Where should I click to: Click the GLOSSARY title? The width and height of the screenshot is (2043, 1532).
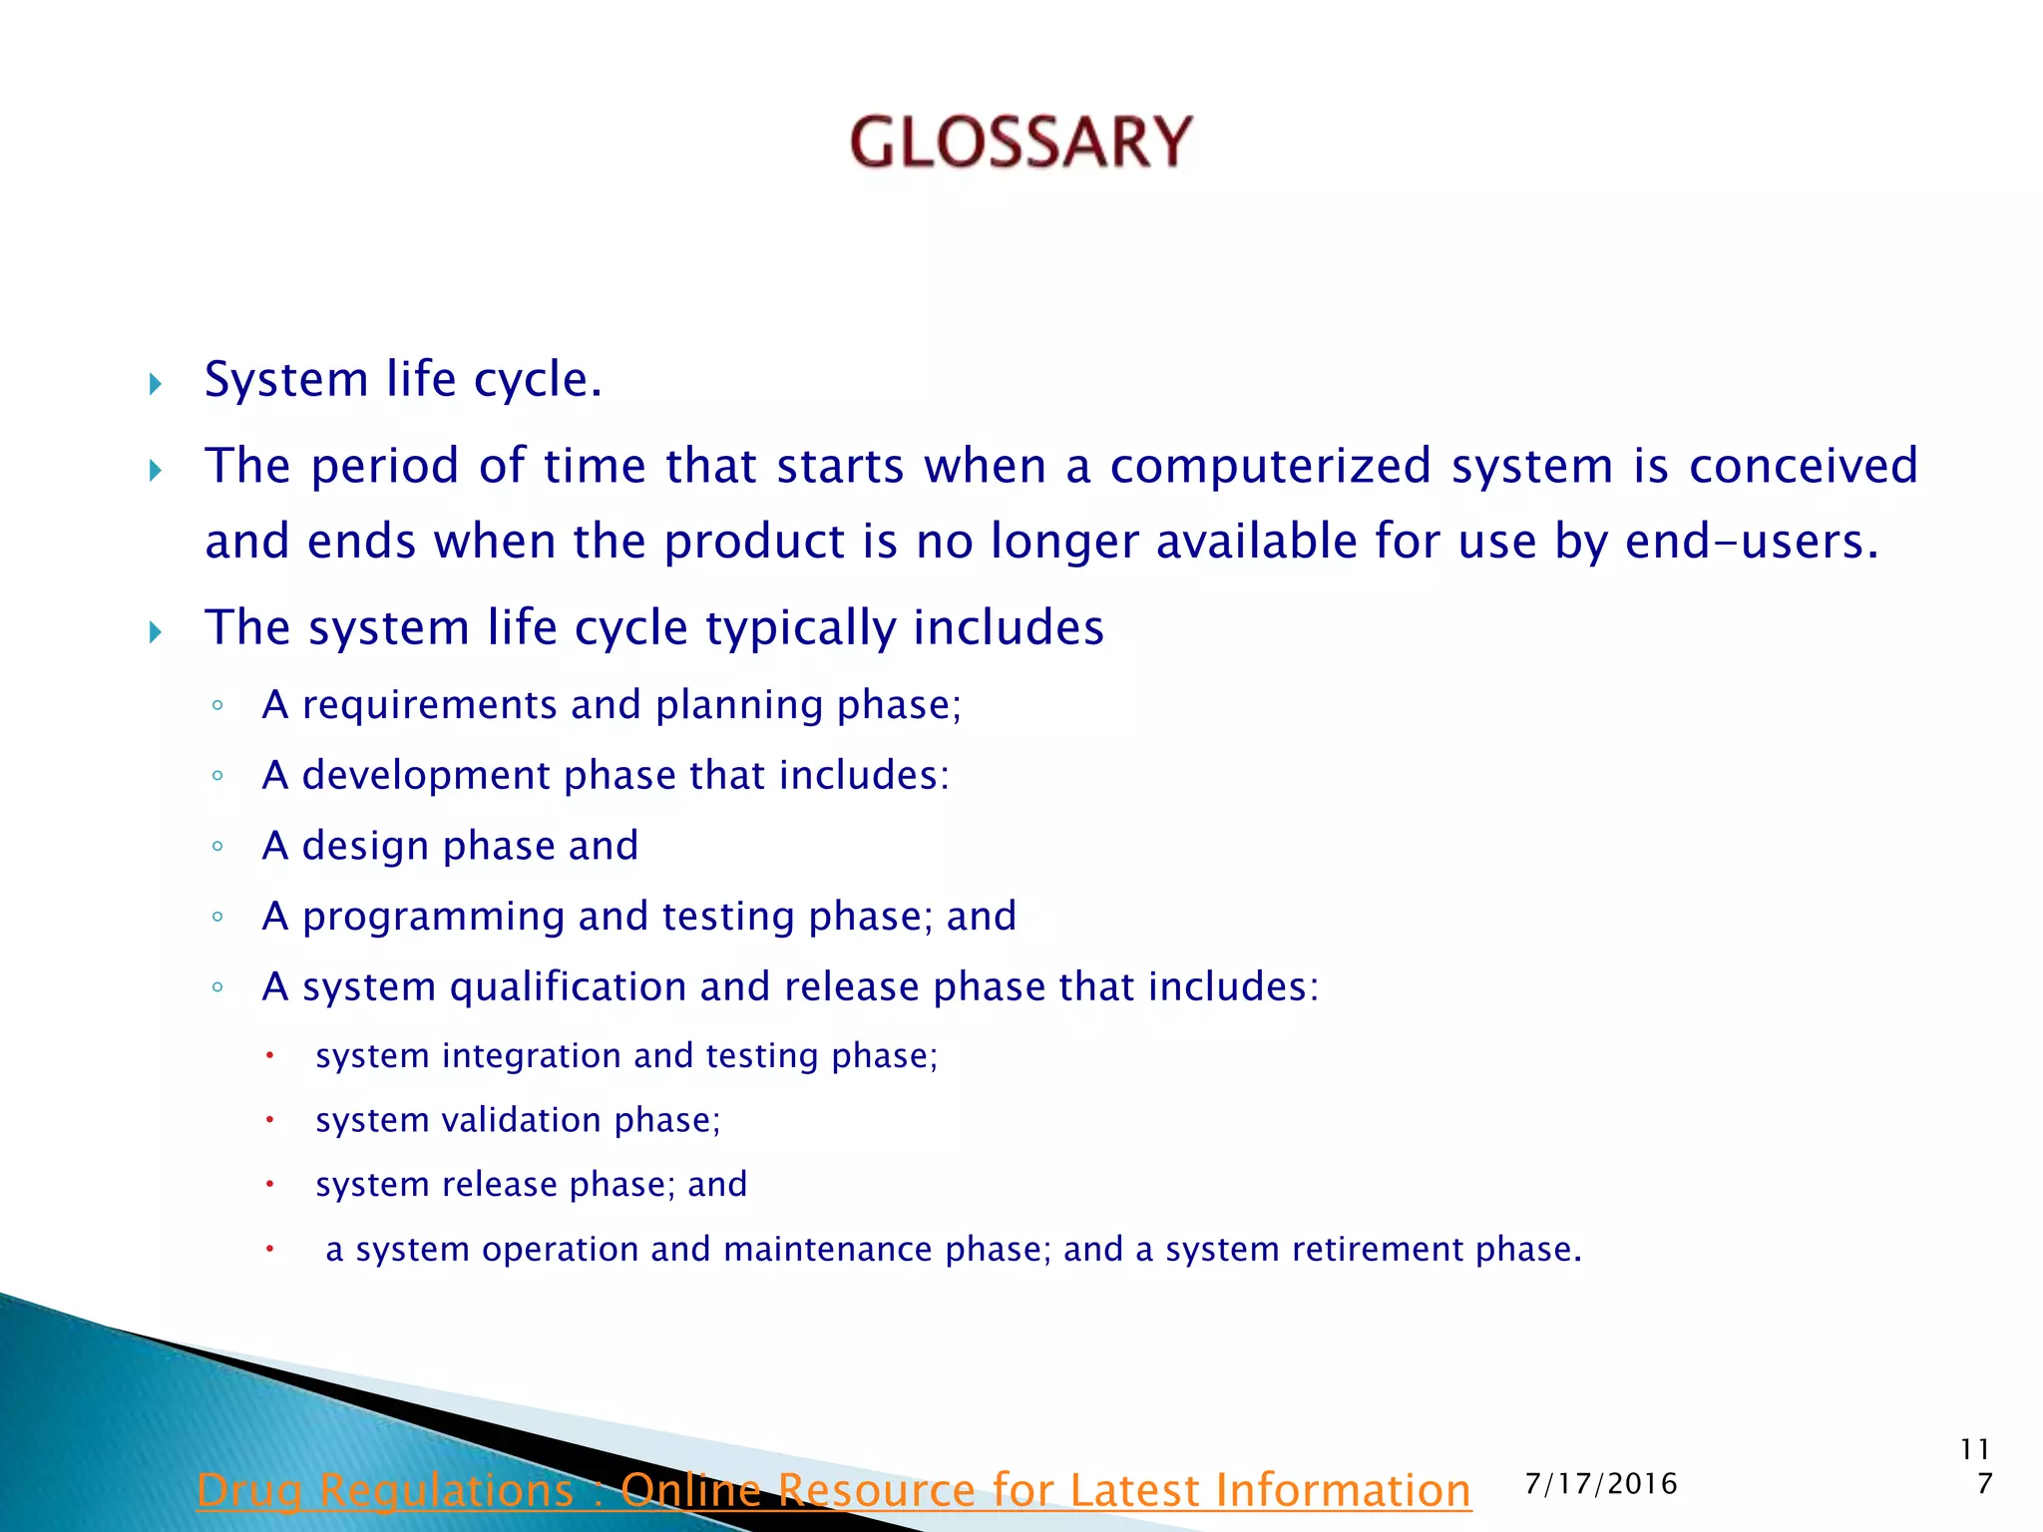click(x=1021, y=142)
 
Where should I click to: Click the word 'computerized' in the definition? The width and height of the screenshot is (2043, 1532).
click(x=1270, y=466)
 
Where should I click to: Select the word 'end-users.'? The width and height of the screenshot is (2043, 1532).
click(x=1751, y=542)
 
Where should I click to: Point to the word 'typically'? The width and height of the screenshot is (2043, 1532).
click(x=800, y=629)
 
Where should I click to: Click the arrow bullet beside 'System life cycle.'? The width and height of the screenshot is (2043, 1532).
click(x=156, y=384)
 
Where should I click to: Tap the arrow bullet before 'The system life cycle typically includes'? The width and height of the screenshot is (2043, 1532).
click(x=156, y=631)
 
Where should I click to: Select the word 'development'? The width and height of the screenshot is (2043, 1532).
click(x=426, y=776)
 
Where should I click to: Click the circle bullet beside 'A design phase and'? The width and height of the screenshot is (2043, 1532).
click(x=217, y=847)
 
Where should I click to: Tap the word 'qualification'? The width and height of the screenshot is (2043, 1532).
click(x=567, y=987)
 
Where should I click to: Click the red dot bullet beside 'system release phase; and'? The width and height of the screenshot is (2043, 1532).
click(x=269, y=1184)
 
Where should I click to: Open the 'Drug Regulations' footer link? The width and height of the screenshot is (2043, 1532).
click(x=833, y=1490)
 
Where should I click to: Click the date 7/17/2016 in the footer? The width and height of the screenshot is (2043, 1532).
click(x=1600, y=1484)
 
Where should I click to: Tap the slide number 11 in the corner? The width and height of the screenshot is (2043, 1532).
click(x=1974, y=1449)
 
